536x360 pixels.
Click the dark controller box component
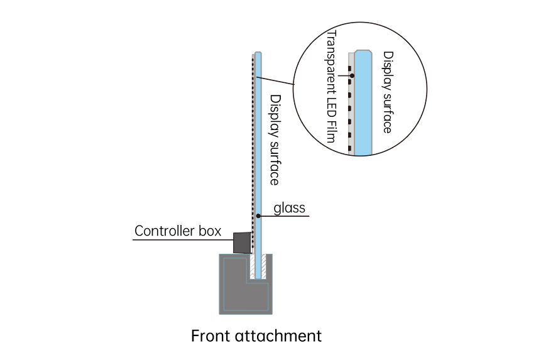click(x=242, y=243)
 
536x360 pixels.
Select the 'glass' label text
click(x=289, y=208)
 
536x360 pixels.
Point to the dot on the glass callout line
click(x=258, y=216)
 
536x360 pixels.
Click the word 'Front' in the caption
click(x=211, y=335)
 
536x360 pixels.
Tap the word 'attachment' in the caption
click(x=278, y=335)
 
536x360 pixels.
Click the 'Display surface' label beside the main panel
click(x=275, y=140)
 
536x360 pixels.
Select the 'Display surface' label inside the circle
click(x=388, y=92)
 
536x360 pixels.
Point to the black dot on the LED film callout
click(x=352, y=75)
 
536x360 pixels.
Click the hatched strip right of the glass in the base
click(x=263, y=266)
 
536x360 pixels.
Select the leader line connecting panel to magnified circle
click(x=275, y=80)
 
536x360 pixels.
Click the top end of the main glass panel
click(x=258, y=53)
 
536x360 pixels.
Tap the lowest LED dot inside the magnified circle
click(x=350, y=149)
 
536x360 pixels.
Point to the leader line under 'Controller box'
click(x=183, y=239)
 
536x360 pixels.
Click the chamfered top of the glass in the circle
click(x=363, y=52)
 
